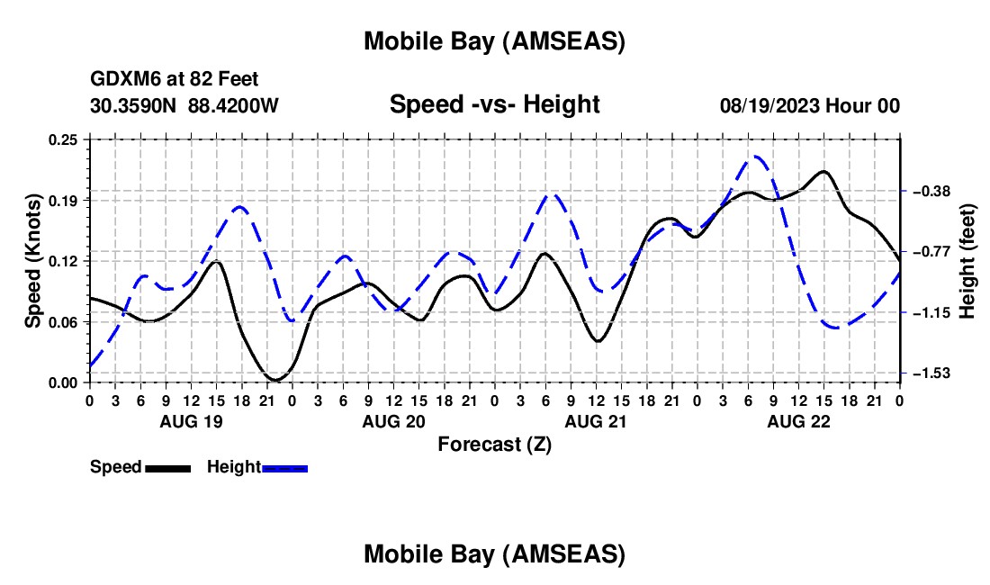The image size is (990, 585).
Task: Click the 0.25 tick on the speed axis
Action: (64, 139)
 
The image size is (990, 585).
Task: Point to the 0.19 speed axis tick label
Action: (64, 200)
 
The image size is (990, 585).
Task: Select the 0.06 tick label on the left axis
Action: (64, 322)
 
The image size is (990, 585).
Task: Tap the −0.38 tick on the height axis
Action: (931, 191)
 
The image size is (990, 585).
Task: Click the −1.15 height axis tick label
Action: (931, 312)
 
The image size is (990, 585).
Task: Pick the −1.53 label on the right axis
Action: (931, 373)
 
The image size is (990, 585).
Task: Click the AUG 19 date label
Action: (190, 421)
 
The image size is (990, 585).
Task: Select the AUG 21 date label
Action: (595, 421)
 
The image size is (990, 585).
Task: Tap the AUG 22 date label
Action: (798, 421)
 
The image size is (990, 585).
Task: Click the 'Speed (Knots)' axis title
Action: (32, 261)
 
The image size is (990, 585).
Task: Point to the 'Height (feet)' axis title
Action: (968, 261)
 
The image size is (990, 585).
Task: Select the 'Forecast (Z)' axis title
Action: (494, 444)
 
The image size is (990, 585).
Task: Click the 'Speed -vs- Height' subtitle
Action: (494, 104)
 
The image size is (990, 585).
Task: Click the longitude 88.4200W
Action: (233, 105)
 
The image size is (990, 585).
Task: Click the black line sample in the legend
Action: (167, 467)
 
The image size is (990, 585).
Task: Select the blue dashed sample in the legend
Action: (285, 467)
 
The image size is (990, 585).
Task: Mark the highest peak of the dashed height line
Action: (757, 157)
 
